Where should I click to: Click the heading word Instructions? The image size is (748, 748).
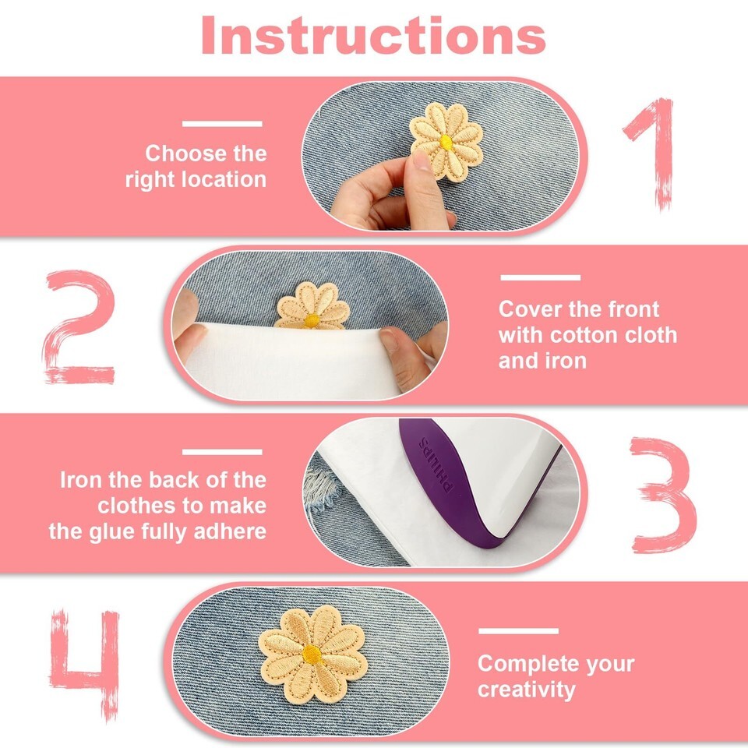pyautogui.click(x=373, y=36)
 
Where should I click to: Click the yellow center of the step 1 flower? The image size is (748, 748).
pyautogui.click(x=446, y=142)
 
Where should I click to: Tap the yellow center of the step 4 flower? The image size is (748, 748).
pyautogui.click(x=312, y=654)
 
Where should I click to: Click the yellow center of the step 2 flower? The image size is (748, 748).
pyautogui.click(x=312, y=320)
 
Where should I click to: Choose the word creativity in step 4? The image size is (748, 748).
pyautogui.click(x=527, y=690)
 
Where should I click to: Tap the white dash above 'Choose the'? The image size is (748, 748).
pyautogui.click(x=222, y=124)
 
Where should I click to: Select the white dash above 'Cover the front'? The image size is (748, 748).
pyautogui.click(x=541, y=277)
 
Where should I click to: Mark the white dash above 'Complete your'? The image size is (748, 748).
pyautogui.click(x=519, y=631)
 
